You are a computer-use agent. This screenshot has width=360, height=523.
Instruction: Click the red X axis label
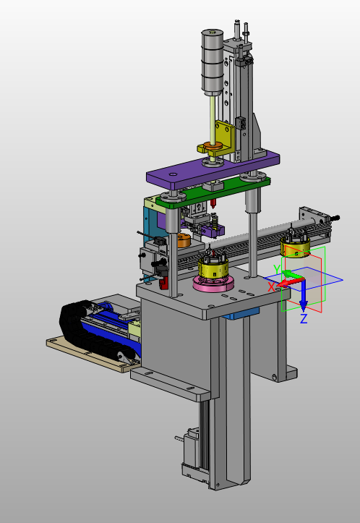(272, 287)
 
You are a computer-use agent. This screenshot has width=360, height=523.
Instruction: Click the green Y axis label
(277, 269)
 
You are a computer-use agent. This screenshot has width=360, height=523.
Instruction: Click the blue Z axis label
(304, 319)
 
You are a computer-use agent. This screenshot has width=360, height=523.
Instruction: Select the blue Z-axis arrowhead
(303, 305)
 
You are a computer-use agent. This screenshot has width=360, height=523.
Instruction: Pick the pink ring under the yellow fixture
(213, 284)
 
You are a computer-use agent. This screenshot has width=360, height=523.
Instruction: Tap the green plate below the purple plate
(213, 192)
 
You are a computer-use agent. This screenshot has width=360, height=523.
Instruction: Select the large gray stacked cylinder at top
(212, 61)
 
